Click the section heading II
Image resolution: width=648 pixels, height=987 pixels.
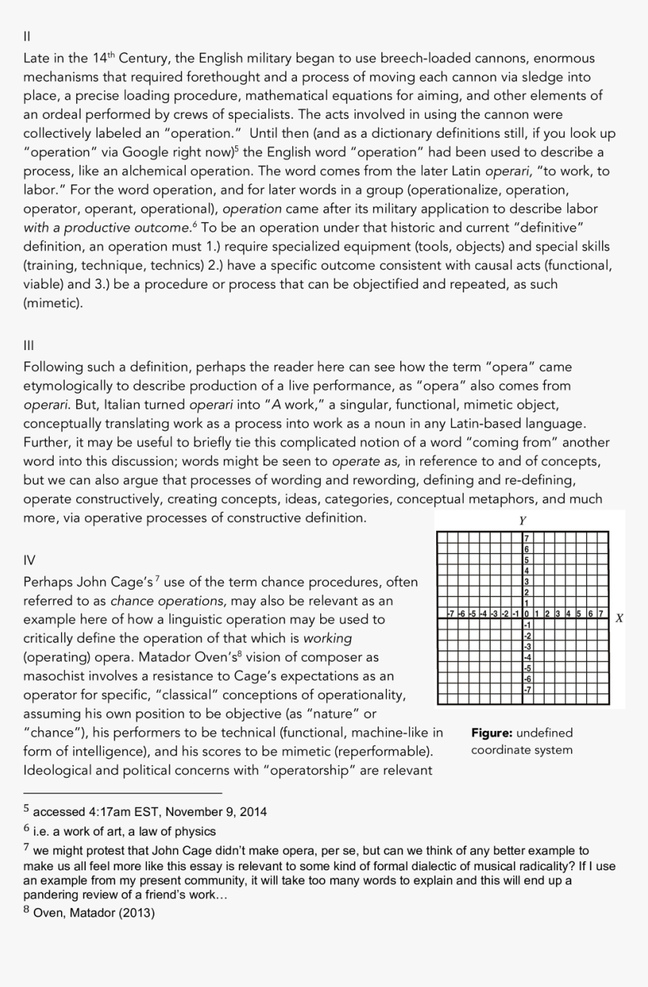[x=27, y=35]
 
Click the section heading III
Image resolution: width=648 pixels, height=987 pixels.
[x=29, y=345]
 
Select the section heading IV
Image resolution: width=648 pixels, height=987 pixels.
[x=29, y=560]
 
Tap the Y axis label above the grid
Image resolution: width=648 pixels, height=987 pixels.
[x=523, y=520]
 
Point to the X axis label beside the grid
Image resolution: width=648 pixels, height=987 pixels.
[x=619, y=617]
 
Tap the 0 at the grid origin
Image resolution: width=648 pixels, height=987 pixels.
[x=526, y=614]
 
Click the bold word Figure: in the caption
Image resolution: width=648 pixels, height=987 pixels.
[x=492, y=733]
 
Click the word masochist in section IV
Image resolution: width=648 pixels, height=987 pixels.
[x=53, y=676]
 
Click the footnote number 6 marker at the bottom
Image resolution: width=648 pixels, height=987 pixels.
[x=26, y=828]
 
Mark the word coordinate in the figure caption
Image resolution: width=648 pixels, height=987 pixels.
[x=502, y=750]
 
